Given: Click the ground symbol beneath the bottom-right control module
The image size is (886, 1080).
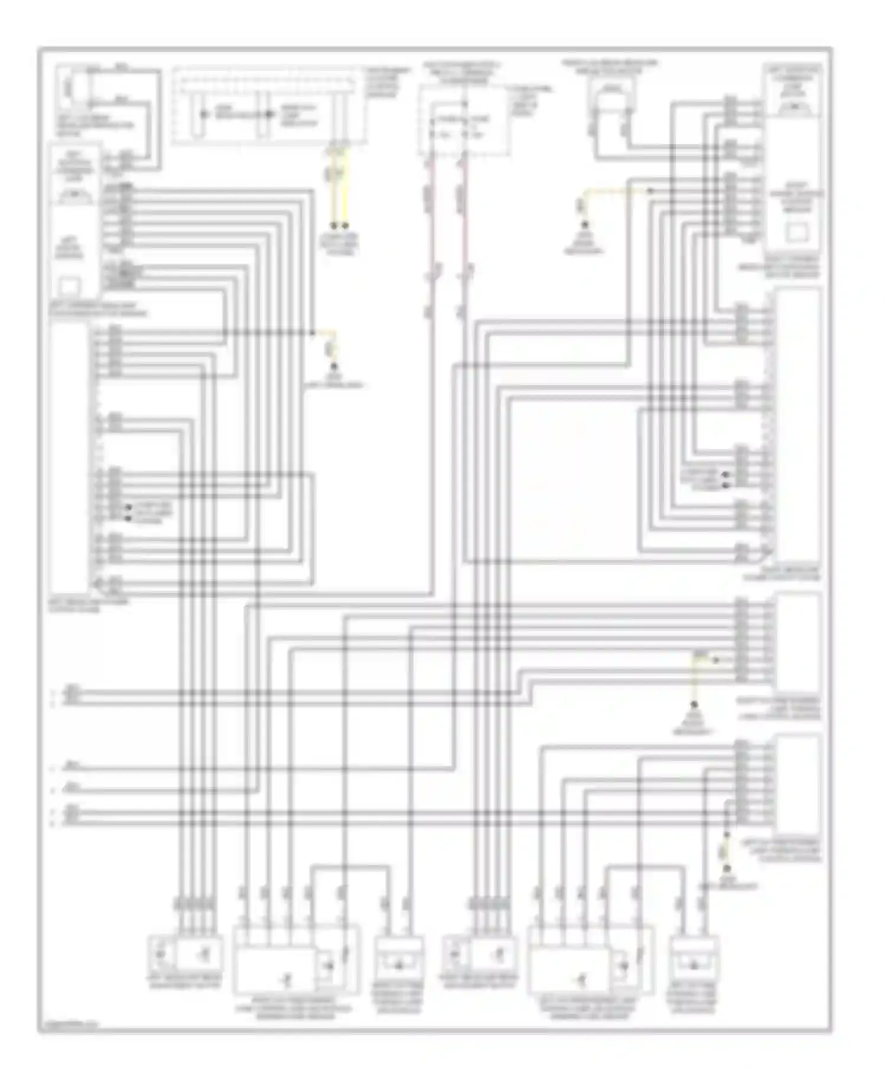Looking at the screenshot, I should coord(727,869).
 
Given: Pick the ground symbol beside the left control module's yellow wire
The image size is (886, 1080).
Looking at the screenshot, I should coord(334,368).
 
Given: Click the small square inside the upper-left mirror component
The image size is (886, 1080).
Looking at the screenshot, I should coord(70,287).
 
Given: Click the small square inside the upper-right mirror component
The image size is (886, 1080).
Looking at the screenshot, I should coord(797,232).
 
